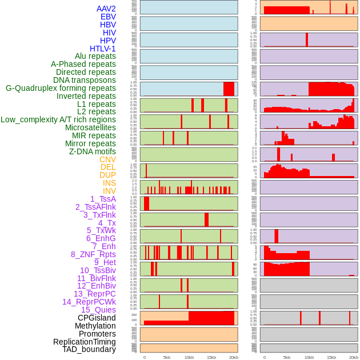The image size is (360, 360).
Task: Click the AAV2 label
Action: click(106, 9)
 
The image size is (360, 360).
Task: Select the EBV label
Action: click(108, 17)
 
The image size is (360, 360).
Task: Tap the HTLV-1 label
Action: click(103, 49)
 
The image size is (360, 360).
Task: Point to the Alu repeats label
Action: click(95, 56)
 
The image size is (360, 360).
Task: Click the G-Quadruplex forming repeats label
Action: click(61, 88)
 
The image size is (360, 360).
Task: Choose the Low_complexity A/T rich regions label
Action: click(58, 119)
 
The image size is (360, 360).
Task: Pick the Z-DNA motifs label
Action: click(93, 151)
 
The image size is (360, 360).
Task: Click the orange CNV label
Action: click(107, 159)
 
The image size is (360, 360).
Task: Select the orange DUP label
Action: click(107, 175)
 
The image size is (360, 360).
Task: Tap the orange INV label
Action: click(109, 191)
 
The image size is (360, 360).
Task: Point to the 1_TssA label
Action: click(103, 199)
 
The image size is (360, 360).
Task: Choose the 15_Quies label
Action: click(98, 310)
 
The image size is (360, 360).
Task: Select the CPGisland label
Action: click(97, 318)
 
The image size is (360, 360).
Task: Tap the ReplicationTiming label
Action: click(85, 342)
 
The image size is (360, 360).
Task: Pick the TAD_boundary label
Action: click(89, 349)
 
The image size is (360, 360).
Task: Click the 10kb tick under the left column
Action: click(189, 357)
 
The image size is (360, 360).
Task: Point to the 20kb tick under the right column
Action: click(354, 357)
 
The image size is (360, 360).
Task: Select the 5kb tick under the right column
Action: click(287, 357)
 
